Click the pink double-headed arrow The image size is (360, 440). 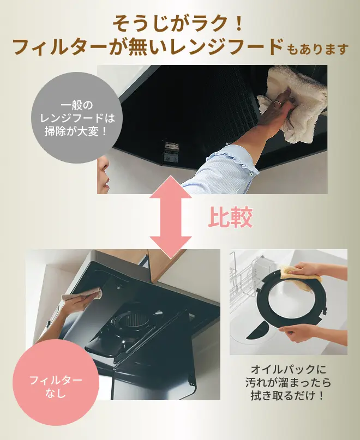[x=170, y=216]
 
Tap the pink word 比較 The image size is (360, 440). [x=230, y=217]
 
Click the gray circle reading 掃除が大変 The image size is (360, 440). [x=77, y=118]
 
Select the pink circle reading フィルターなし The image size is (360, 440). [x=56, y=387]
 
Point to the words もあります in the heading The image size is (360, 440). [x=317, y=49]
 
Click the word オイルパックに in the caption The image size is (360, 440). [x=288, y=369]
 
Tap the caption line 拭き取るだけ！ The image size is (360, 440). [x=287, y=396]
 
